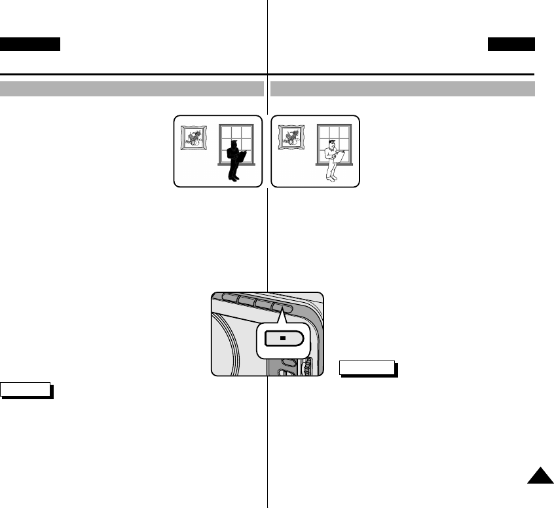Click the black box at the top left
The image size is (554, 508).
coord(30,44)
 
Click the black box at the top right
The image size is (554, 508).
coord(511,44)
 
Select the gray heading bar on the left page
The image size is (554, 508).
coord(132,88)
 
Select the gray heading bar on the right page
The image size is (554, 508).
coord(403,88)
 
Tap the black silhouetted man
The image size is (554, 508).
coord(234,161)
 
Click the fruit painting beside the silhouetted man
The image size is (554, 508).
coord(194,138)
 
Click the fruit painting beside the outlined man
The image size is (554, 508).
coord(292,138)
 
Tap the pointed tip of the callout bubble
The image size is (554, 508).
coord(282,313)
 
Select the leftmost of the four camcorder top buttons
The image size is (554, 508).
coord(229,296)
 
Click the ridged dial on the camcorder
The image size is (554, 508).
coord(306,366)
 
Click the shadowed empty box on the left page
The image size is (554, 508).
coord(26,389)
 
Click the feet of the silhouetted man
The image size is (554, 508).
coord(232,178)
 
